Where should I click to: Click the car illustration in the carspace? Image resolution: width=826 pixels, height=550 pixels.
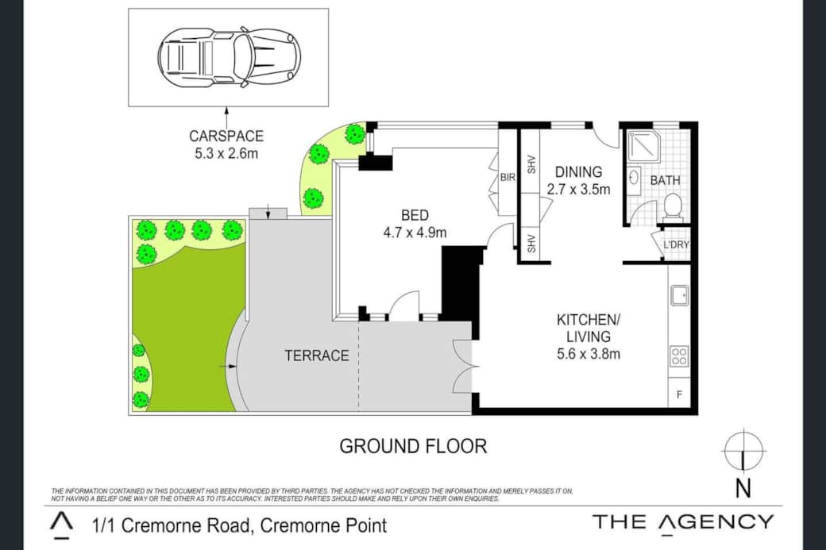tap(230, 57)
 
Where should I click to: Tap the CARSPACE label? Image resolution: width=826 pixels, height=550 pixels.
tap(226, 137)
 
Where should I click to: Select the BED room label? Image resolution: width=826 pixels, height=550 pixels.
tap(415, 215)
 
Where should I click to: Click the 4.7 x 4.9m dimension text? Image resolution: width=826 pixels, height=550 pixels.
tap(415, 232)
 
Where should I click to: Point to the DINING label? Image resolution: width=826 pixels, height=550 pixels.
tap(578, 172)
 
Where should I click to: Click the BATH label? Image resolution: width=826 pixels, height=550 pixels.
tap(666, 180)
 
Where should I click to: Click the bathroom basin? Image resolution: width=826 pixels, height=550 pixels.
tap(634, 177)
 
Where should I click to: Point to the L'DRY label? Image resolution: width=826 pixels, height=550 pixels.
tap(676, 244)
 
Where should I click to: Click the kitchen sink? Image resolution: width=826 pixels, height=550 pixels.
tap(679, 295)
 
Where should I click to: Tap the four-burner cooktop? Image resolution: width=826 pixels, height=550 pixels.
tap(679, 356)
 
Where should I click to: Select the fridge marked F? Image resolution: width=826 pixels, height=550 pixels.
tap(679, 394)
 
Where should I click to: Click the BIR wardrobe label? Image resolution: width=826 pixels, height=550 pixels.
tap(508, 177)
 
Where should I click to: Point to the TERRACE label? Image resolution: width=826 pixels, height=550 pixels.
tap(317, 356)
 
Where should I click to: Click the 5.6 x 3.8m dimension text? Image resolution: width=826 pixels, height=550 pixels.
tap(589, 354)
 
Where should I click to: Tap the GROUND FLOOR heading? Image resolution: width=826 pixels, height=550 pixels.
tap(414, 446)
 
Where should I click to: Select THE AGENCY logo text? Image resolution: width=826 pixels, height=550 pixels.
tap(683, 522)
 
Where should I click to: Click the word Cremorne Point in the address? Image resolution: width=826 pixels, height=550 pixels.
tap(323, 525)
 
